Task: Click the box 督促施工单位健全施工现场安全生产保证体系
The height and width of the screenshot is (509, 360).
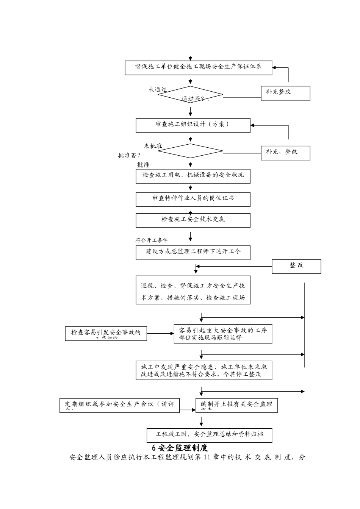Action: click(199, 67)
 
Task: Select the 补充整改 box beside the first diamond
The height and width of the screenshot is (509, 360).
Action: click(285, 93)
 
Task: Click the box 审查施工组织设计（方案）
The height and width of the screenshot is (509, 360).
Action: click(193, 125)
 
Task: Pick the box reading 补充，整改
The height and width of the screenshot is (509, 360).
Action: click(285, 153)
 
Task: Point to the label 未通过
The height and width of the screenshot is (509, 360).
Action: click(158, 90)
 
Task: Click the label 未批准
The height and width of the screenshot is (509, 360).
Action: click(153, 146)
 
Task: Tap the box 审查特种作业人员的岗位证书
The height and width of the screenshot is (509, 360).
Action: click(193, 199)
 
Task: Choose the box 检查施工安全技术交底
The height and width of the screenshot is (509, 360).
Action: click(193, 220)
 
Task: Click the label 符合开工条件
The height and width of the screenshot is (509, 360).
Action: click(152, 240)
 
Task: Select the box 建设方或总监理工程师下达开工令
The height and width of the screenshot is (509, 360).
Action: click(193, 253)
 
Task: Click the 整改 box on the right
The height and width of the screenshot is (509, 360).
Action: click(296, 266)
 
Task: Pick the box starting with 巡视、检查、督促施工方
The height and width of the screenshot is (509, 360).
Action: click(193, 290)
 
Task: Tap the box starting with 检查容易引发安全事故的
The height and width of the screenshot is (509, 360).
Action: click(106, 333)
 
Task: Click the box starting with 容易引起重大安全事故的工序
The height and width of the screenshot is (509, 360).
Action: click(223, 334)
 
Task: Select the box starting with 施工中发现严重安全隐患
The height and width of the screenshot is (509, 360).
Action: click(204, 370)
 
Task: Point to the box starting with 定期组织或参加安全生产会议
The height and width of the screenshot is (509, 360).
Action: click(119, 405)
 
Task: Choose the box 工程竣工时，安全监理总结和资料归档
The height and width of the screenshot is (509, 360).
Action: click(209, 435)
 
